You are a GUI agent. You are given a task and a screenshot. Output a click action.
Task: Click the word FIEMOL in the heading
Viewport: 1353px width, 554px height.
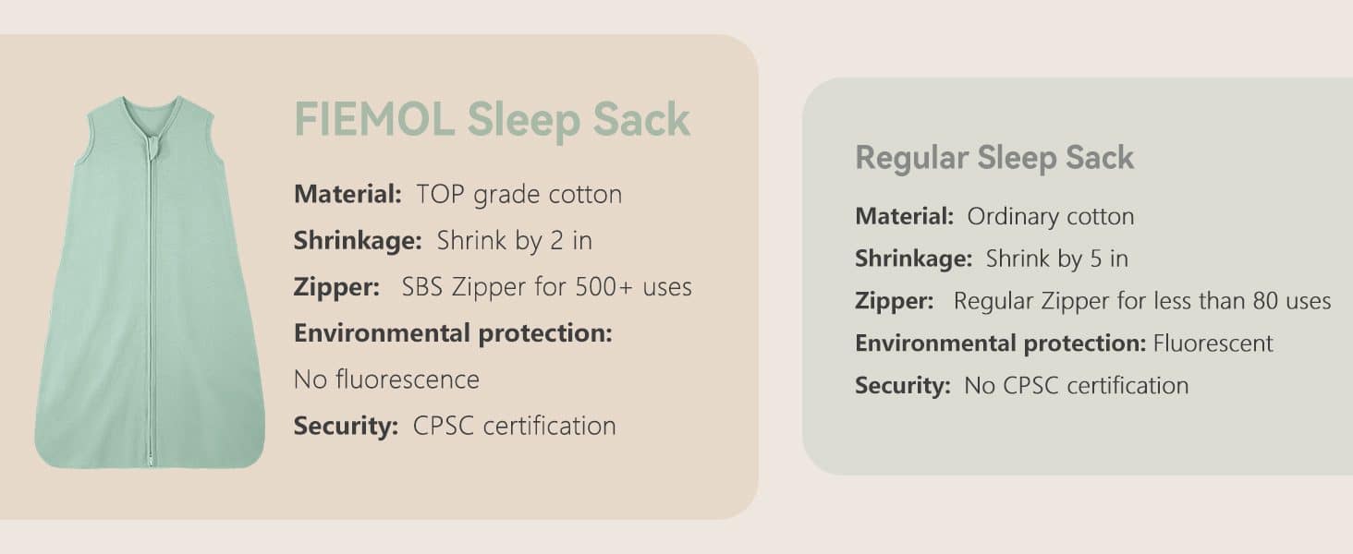pos(373,119)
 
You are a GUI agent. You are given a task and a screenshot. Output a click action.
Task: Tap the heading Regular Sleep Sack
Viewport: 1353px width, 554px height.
pos(994,157)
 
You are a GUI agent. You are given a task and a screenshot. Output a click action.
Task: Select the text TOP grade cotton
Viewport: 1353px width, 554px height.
pos(518,194)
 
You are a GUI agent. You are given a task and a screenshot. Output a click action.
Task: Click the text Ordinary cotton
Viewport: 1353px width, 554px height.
pos(1050,216)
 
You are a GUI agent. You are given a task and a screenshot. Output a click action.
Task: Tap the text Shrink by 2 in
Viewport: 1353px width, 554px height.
pos(514,240)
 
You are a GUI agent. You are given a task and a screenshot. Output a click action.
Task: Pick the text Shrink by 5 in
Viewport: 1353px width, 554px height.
pos(1056,259)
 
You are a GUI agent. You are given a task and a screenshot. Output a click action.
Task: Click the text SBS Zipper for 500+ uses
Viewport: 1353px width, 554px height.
pos(546,286)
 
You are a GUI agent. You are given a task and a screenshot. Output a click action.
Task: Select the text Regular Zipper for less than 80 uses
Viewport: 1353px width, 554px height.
pos(1141,301)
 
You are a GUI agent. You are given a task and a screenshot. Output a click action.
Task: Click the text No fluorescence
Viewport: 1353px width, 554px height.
pos(386,379)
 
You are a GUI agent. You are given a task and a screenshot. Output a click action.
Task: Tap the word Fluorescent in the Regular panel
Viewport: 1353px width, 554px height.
pos(1213,343)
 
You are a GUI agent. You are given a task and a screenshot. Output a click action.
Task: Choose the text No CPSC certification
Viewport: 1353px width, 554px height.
pos(1076,385)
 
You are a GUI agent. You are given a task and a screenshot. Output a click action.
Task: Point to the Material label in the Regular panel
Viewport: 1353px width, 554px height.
pos(904,216)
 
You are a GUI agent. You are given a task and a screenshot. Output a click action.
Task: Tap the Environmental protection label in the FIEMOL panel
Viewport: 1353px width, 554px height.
pos(453,332)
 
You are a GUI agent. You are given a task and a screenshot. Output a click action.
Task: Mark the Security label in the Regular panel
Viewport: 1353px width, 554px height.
pos(902,385)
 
